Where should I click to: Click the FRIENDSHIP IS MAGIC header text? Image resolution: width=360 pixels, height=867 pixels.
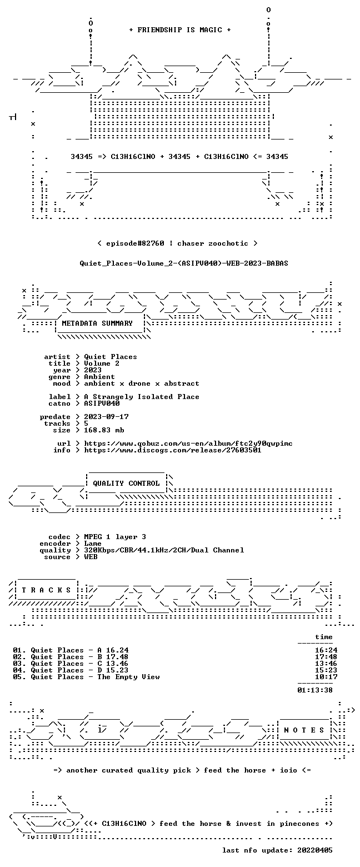179,30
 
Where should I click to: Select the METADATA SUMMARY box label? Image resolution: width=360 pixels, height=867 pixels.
97,323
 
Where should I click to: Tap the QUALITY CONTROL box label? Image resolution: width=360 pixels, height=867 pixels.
126,484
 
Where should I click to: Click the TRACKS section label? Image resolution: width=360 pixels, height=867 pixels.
46,590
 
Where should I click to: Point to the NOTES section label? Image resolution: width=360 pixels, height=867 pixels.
304,730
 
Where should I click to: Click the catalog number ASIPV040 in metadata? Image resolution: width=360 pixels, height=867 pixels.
102,403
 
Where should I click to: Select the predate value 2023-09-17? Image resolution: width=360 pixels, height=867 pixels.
107,417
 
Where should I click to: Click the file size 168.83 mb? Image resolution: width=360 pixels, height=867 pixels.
104,430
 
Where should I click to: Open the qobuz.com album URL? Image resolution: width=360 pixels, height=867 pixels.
188,444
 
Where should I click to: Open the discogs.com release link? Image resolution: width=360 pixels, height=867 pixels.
173,450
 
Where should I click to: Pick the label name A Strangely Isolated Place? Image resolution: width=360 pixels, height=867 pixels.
142,397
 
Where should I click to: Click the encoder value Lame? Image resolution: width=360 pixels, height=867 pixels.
93,544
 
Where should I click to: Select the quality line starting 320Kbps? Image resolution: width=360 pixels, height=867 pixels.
164,550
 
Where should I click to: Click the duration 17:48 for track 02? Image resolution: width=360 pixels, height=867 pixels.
326,657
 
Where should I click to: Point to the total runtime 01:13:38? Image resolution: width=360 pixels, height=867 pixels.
314,690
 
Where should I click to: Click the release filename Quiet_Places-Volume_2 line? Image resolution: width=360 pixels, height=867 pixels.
184,263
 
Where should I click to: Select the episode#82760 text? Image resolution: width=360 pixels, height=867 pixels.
135,243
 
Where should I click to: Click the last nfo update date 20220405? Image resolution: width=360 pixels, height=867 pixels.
314,850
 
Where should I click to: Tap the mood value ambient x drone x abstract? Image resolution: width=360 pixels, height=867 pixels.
142,383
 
